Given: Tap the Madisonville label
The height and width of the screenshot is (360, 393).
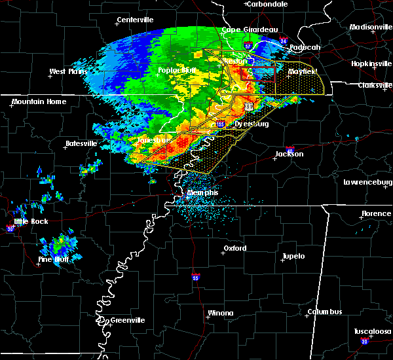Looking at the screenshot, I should point(369,27).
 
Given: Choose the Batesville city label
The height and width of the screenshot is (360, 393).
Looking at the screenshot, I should point(81,143).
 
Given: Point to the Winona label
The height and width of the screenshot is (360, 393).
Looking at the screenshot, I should point(221,313).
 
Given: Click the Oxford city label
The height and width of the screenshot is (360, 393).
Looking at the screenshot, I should point(235,249).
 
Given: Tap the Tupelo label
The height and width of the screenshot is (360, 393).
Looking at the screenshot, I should point(293,256).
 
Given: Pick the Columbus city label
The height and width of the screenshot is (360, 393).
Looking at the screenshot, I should point(325,312).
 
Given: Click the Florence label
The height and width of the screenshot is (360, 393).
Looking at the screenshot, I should point(377,214).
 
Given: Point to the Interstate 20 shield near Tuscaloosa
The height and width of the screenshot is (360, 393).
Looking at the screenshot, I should point(365,341).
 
